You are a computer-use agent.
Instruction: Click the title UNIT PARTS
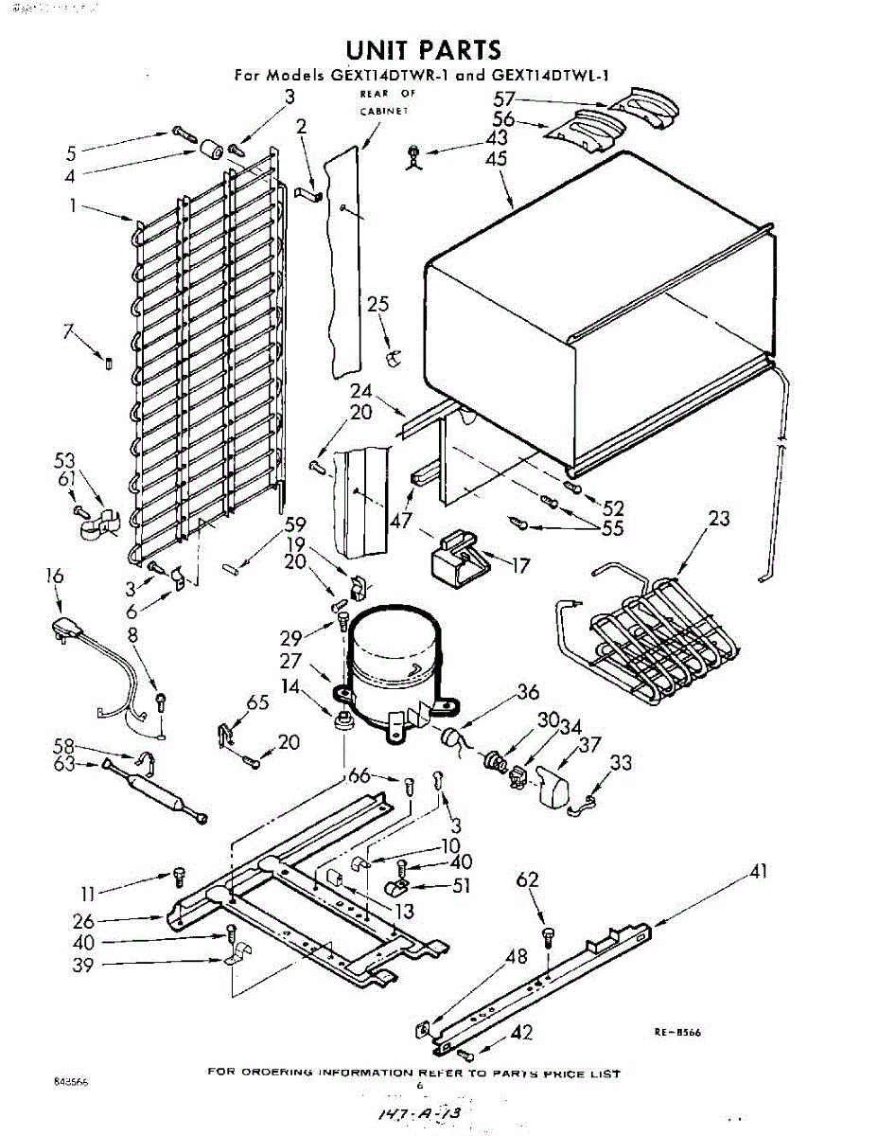pyautogui.click(x=423, y=49)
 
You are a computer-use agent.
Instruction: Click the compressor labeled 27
pyautogui.click(x=393, y=663)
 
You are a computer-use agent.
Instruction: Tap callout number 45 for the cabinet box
pyautogui.click(x=495, y=158)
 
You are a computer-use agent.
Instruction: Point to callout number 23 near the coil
pyautogui.click(x=720, y=518)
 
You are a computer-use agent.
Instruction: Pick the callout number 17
pyautogui.click(x=519, y=567)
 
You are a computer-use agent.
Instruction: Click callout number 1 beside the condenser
pyautogui.click(x=72, y=204)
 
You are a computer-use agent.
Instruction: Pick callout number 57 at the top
pyautogui.click(x=503, y=98)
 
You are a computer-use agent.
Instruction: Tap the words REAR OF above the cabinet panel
pyautogui.click(x=387, y=95)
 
